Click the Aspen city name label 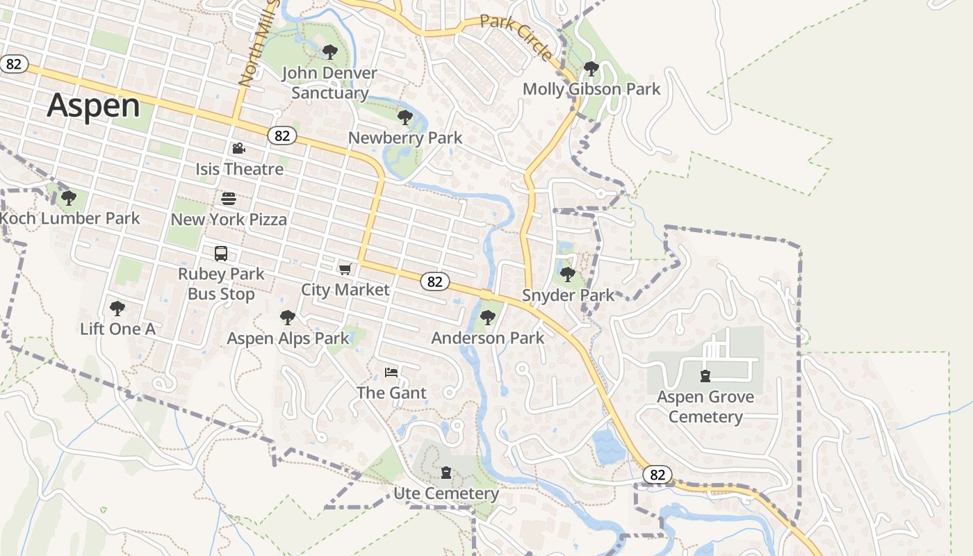click(94, 106)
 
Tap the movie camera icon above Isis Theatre click(238, 148)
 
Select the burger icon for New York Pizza click(229, 199)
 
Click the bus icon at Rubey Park click(221, 254)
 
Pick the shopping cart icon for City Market click(345, 269)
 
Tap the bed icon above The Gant click(391, 373)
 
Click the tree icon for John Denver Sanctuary click(330, 51)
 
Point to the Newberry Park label click(405, 138)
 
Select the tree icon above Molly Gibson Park click(591, 69)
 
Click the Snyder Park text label click(568, 295)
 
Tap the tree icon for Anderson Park click(488, 318)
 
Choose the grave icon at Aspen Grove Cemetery click(705, 376)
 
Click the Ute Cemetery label click(446, 493)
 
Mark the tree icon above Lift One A click(117, 308)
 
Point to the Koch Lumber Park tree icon click(68, 198)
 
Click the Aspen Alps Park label click(288, 338)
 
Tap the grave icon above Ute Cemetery click(446, 473)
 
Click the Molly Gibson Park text click(591, 89)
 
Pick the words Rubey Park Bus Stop click(221, 284)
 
